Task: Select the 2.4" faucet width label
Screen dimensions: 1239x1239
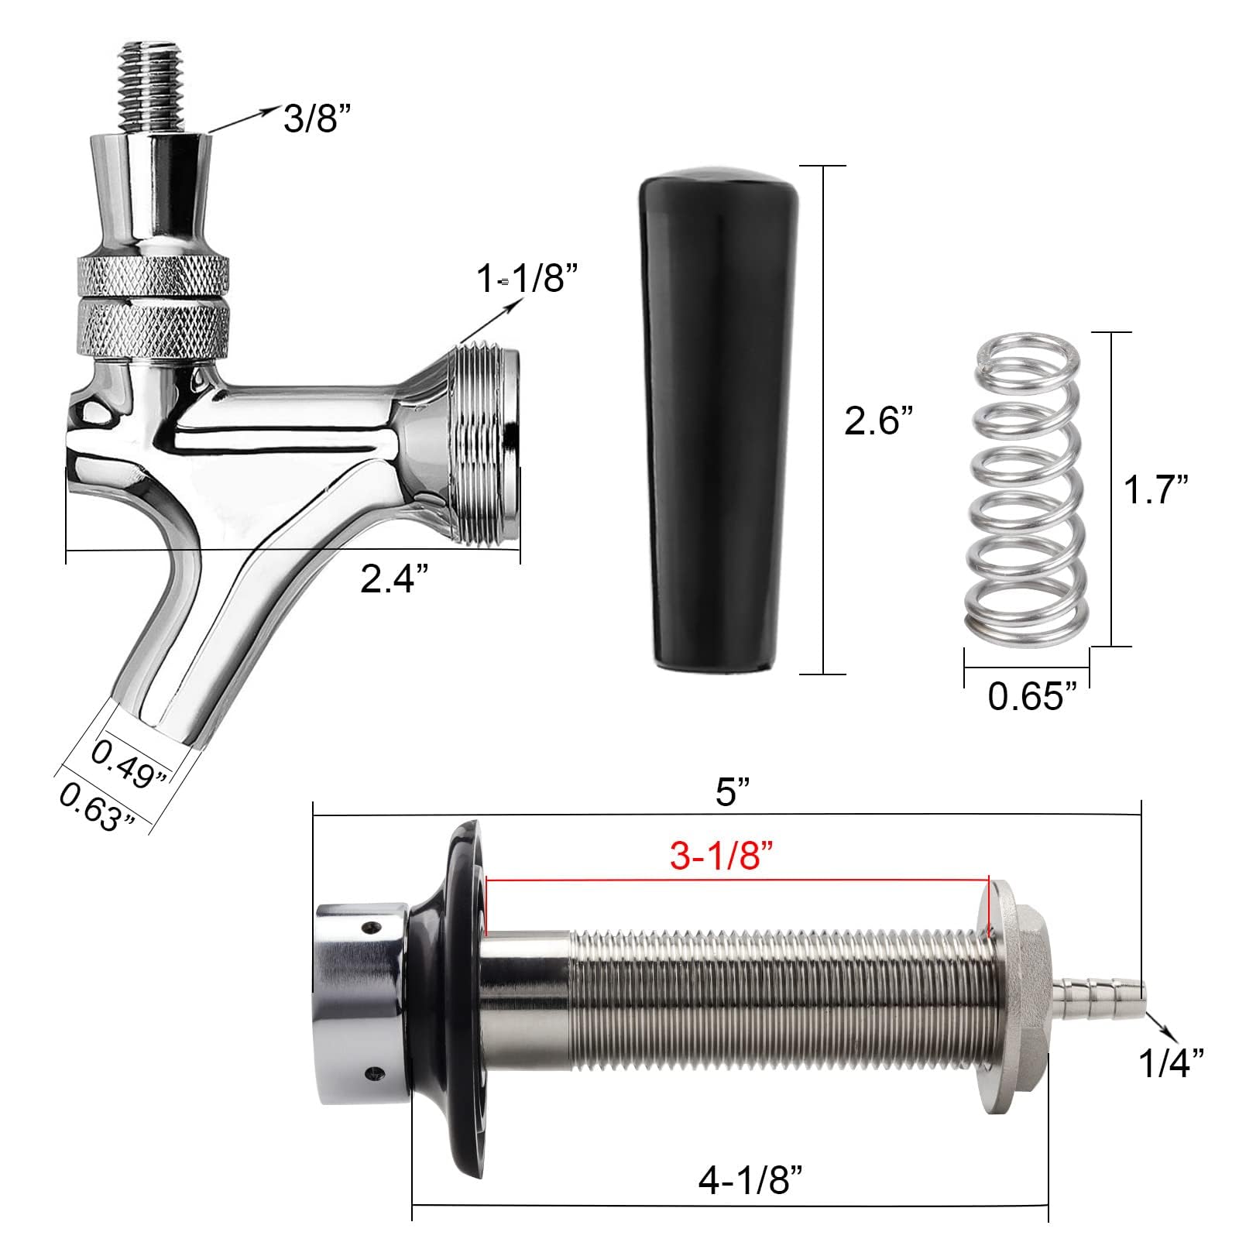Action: (394, 578)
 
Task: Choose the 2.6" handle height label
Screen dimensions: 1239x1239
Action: (878, 420)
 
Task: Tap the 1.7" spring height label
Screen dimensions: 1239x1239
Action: (1155, 489)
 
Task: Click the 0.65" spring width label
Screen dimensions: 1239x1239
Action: (1032, 696)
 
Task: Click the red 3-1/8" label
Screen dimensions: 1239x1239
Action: (722, 857)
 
